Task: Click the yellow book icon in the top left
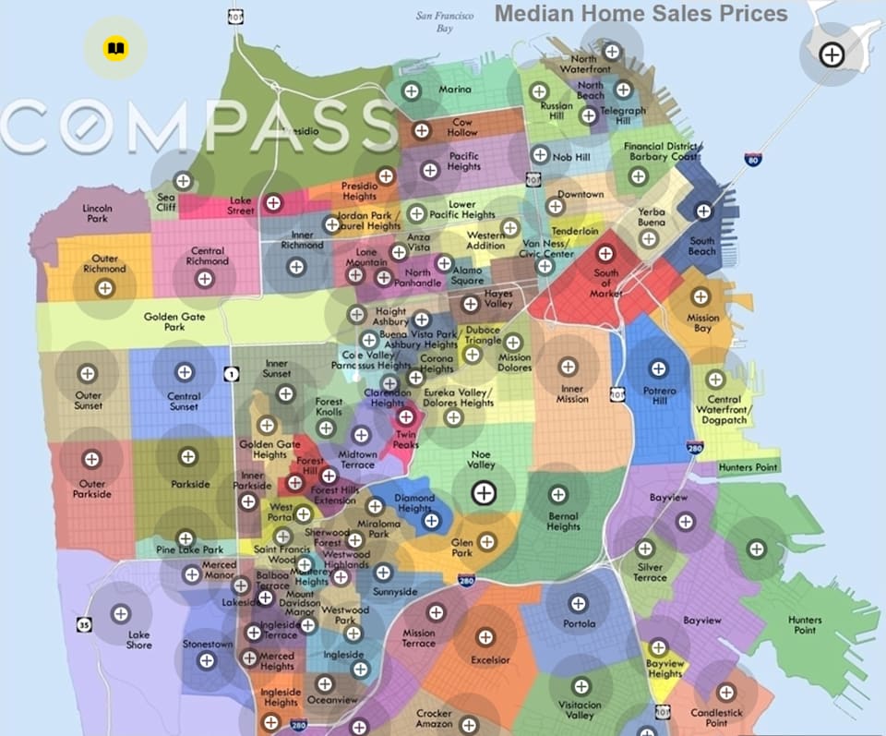pyautogui.click(x=115, y=48)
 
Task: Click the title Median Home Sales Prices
pyautogui.click(x=641, y=13)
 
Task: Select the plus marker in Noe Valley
pyautogui.click(x=482, y=493)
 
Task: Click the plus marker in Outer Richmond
pyautogui.click(x=105, y=288)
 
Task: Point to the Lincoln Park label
pyautogui.click(x=96, y=213)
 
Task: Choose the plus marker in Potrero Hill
pyautogui.click(x=658, y=368)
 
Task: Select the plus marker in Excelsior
pyautogui.click(x=485, y=636)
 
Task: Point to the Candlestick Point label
pyautogui.click(x=716, y=718)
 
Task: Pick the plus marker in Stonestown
pyautogui.click(x=206, y=660)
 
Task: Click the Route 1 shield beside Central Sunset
pyautogui.click(x=231, y=374)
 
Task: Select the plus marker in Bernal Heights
pyautogui.click(x=557, y=494)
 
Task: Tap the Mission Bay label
pyautogui.click(x=702, y=323)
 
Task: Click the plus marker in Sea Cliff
pyautogui.click(x=183, y=180)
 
